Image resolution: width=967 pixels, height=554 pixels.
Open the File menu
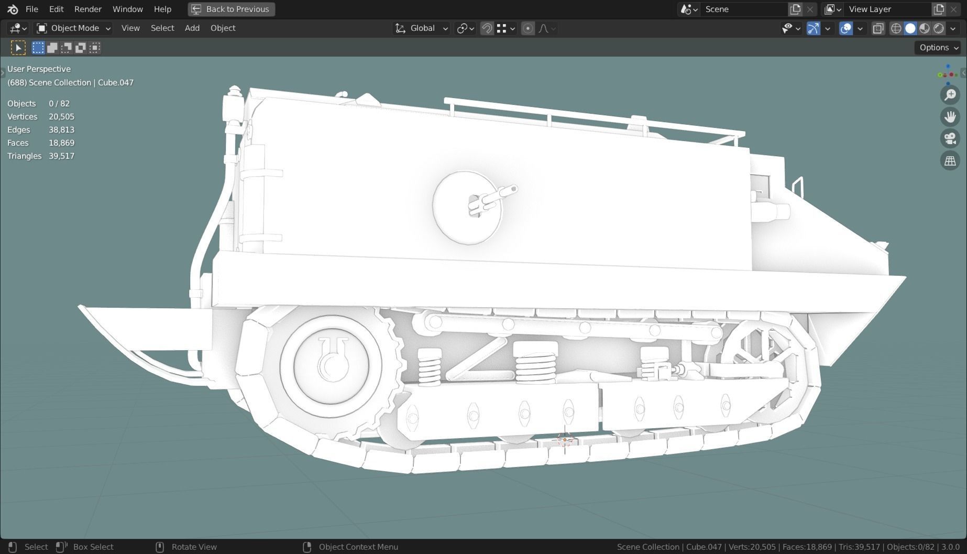(x=31, y=9)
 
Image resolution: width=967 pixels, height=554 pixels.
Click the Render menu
(x=87, y=9)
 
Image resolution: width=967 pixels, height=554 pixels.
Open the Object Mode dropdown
(x=73, y=28)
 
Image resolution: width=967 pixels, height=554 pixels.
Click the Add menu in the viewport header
(x=192, y=28)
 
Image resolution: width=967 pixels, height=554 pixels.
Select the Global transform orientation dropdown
(x=422, y=28)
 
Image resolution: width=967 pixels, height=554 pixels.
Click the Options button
(x=938, y=48)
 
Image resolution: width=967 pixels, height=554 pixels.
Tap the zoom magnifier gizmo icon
(x=950, y=95)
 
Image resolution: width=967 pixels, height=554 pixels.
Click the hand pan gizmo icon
(x=950, y=117)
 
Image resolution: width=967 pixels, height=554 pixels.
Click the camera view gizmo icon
(x=950, y=139)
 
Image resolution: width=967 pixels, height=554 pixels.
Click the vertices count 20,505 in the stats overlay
(x=61, y=116)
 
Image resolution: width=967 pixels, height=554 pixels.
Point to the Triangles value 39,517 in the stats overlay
(x=61, y=156)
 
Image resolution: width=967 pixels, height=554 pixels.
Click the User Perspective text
(x=39, y=69)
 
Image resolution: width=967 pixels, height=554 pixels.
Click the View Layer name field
(x=885, y=9)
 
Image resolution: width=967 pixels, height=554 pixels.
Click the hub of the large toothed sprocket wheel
(x=331, y=365)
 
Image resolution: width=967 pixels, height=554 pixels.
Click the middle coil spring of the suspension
(x=535, y=362)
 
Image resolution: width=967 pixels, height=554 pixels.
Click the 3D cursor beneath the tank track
(x=565, y=439)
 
